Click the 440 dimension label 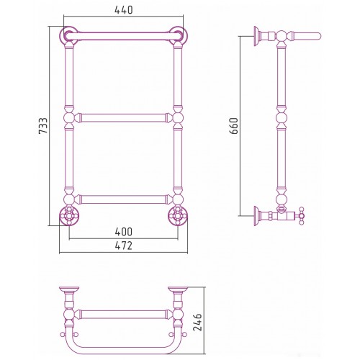coord(124,10)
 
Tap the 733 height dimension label coord(43,125)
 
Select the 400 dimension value coord(124,232)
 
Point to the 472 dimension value coord(124,246)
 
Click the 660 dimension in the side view coord(233,125)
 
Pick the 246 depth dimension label coord(197,323)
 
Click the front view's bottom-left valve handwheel coord(69,215)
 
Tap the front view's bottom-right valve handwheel coord(178,215)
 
